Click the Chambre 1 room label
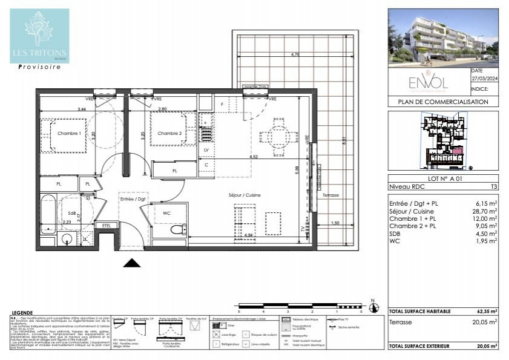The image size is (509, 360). [x=69, y=133]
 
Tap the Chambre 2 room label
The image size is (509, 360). [x=170, y=133]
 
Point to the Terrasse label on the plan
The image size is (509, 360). [x=330, y=195]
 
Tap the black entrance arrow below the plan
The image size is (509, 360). [x=132, y=262]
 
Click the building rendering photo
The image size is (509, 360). [x=443, y=38]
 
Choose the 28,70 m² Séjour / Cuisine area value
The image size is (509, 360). [x=486, y=212]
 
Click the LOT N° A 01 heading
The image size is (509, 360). [x=443, y=179]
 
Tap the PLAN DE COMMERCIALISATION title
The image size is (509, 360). [x=443, y=102]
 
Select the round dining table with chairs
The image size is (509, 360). [x=277, y=136]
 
